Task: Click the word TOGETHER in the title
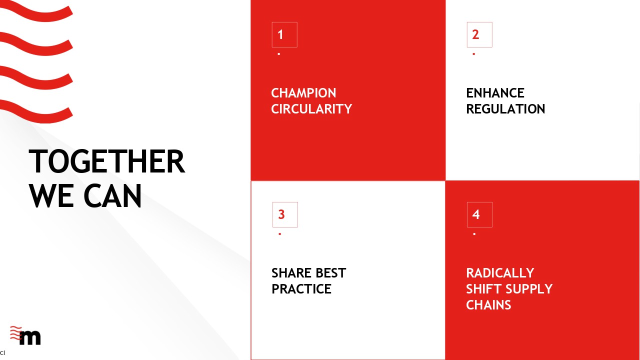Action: click(107, 161)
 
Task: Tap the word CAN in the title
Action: click(112, 196)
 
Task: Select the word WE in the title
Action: click(51, 196)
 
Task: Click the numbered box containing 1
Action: click(284, 34)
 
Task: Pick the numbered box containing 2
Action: click(479, 34)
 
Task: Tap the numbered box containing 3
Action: click(285, 214)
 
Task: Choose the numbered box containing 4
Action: click(479, 214)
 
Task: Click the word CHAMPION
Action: click(303, 93)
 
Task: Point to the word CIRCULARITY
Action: click(311, 109)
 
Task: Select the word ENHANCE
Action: click(495, 93)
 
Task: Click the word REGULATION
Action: click(505, 109)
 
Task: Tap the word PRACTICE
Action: click(301, 289)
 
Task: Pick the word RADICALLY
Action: click(500, 273)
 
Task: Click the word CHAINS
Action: click(488, 305)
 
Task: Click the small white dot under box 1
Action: click(279, 54)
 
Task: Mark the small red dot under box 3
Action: click(279, 234)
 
